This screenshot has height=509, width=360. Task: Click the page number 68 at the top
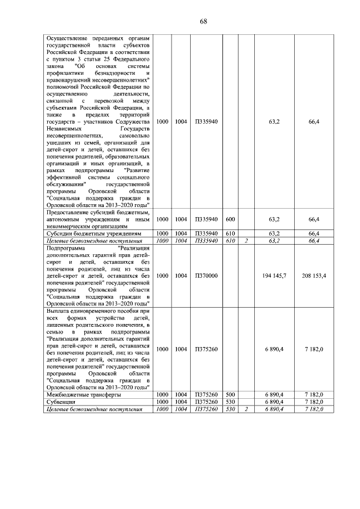click(x=204, y=21)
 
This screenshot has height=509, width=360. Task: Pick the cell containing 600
click(x=230, y=219)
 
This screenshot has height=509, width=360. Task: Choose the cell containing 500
click(x=230, y=395)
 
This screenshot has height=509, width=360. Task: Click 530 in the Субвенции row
click(x=230, y=402)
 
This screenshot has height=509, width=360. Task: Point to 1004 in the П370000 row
click(x=181, y=276)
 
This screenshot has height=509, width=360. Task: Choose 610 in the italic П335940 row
click(x=230, y=240)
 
